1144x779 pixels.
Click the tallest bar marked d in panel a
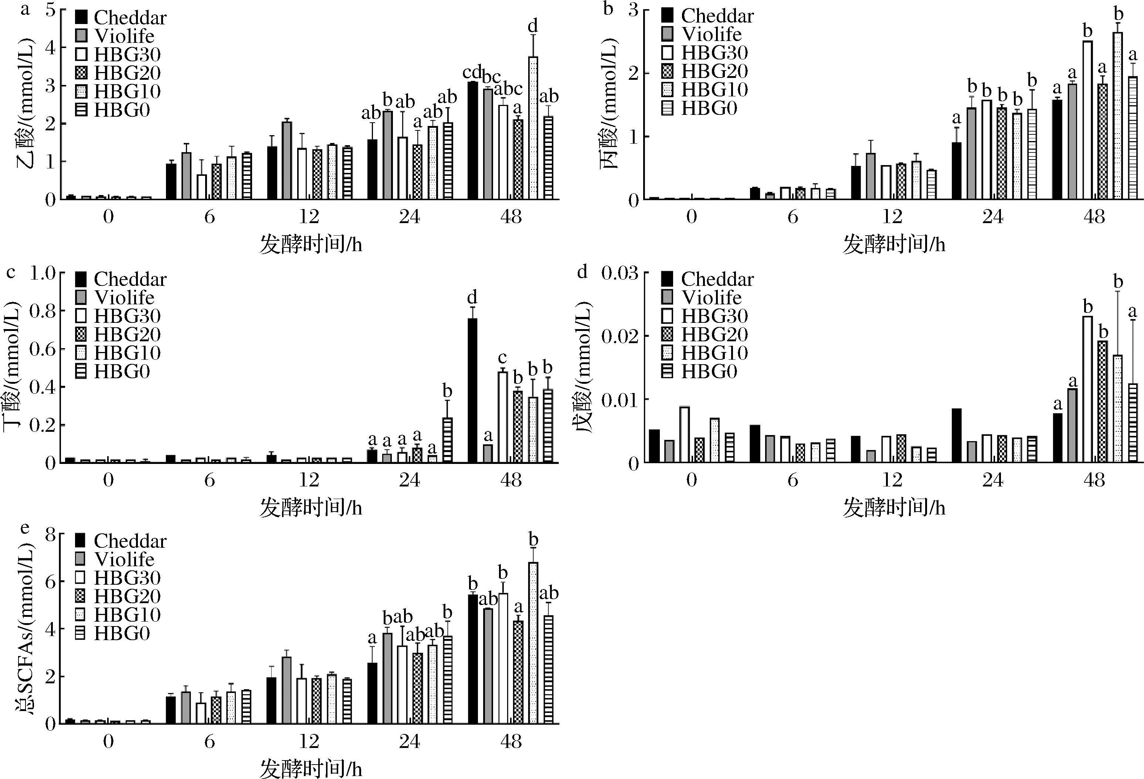click(x=533, y=128)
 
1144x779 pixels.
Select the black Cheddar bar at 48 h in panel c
click(x=472, y=390)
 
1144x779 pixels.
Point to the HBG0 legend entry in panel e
click(x=113, y=633)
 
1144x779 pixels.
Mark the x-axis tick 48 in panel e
click(x=511, y=741)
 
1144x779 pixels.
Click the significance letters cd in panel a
click(x=472, y=73)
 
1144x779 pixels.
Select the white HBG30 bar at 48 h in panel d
click(x=1087, y=389)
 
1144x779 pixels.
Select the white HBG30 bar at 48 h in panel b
click(x=1087, y=120)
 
